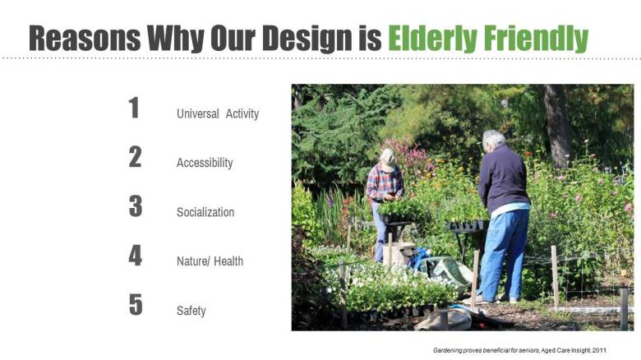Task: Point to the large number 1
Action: [x=134, y=108]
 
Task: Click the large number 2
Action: [x=135, y=157]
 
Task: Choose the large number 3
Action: [x=135, y=206]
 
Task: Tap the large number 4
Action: [x=135, y=256]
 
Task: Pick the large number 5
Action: [x=135, y=305]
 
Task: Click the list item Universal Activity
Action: [x=218, y=113]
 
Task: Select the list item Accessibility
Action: [x=205, y=163]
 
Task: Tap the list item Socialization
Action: [x=205, y=212]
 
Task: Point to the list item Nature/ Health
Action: [x=210, y=261]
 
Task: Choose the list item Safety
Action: [x=191, y=311]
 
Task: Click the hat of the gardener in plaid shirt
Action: [x=387, y=156]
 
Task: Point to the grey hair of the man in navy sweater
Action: [x=494, y=138]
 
